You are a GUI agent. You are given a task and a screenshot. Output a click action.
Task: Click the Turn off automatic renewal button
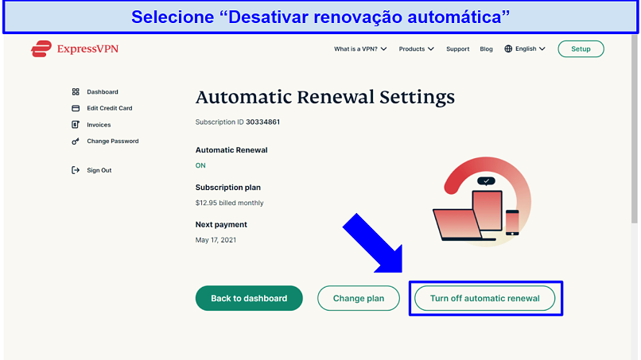(484, 298)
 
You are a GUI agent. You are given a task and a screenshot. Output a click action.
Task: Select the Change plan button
(359, 298)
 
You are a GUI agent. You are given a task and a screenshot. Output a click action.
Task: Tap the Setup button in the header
(581, 49)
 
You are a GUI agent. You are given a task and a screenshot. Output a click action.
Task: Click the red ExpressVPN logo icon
(41, 48)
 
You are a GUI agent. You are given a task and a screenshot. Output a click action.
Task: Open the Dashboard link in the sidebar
(103, 92)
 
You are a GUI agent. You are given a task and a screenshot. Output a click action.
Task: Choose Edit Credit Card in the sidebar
(110, 108)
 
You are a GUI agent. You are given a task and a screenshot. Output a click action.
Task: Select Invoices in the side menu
(99, 125)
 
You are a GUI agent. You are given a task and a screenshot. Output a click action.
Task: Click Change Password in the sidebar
(112, 141)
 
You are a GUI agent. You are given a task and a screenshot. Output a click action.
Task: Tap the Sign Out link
(99, 170)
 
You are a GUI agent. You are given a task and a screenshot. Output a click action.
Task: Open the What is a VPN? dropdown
(360, 49)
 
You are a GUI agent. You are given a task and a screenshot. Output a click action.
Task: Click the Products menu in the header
(416, 49)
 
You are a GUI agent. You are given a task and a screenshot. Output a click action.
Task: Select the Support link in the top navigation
(458, 49)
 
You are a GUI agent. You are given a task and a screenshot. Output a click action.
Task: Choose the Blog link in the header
(486, 49)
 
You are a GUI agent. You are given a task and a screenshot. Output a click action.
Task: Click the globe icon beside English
(508, 49)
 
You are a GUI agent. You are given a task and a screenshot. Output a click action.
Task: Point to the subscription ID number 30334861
(263, 122)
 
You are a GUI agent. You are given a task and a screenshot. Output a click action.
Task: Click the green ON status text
(200, 165)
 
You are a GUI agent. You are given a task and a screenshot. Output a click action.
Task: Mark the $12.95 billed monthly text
(229, 203)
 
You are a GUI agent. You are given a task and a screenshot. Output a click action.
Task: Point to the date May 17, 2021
(216, 240)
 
